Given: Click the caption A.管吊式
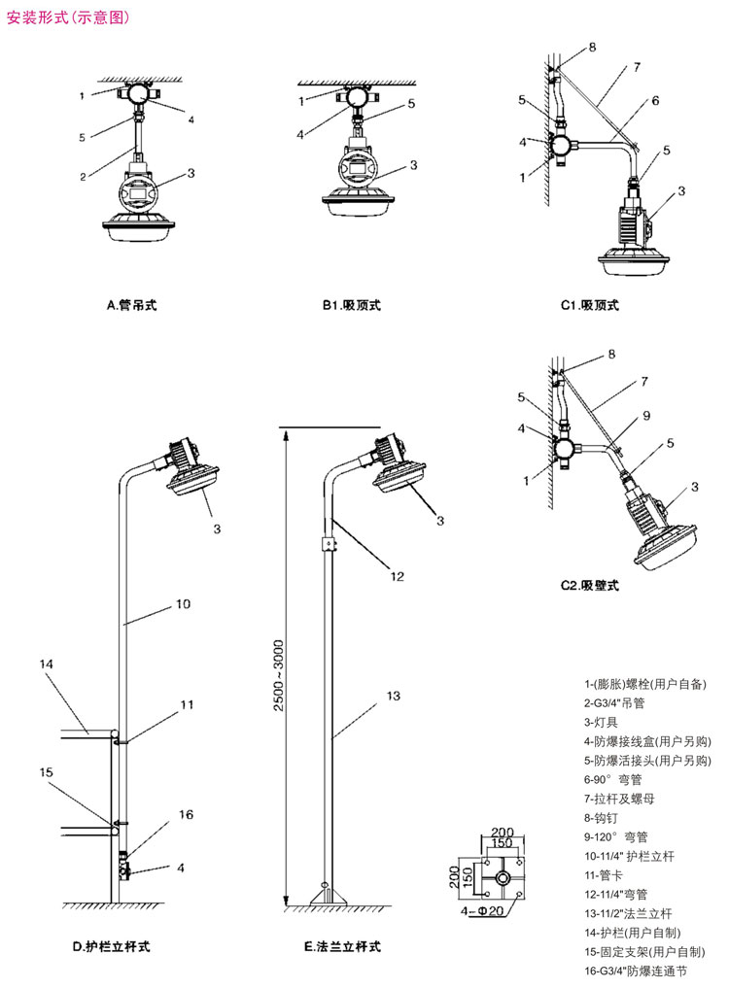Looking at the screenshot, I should pyautogui.click(x=131, y=305).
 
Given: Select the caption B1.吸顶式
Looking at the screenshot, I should pyautogui.click(x=352, y=305).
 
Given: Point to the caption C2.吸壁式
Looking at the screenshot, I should pyautogui.click(x=589, y=586).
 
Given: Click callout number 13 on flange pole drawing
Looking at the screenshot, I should pyautogui.click(x=393, y=696).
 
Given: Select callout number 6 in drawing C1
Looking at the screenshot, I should pyautogui.click(x=655, y=100).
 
